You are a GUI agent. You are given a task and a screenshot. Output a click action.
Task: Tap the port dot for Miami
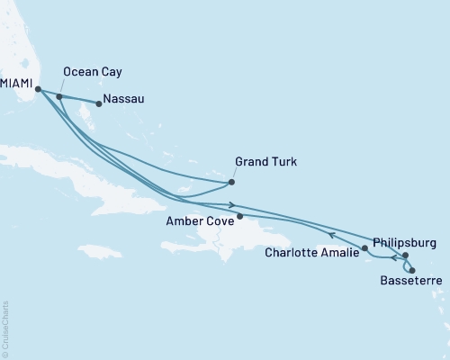38,88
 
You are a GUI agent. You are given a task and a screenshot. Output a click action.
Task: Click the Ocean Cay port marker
59,96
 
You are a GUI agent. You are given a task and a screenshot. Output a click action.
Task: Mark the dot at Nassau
99,103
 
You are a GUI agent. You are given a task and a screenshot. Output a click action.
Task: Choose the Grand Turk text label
265,163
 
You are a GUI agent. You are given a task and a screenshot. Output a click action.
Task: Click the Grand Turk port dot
232,183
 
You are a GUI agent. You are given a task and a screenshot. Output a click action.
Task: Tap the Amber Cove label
200,219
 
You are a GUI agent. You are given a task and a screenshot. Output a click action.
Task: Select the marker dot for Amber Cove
240,216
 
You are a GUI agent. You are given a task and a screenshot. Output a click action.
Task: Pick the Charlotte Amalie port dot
364,247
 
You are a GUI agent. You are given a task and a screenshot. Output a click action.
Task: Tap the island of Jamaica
99,250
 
